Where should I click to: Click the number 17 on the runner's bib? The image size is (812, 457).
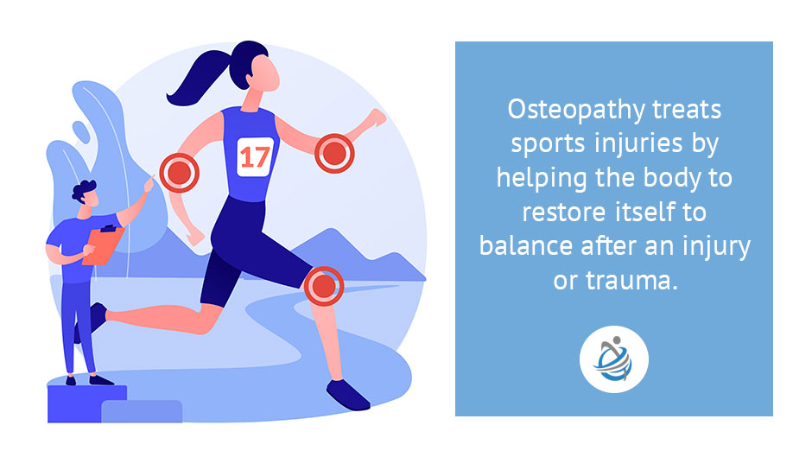pos(256,156)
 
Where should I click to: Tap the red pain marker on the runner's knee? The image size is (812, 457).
pos(323,284)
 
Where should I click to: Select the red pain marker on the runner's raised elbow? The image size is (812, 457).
pos(334,155)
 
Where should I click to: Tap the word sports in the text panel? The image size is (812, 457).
pos(535,144)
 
